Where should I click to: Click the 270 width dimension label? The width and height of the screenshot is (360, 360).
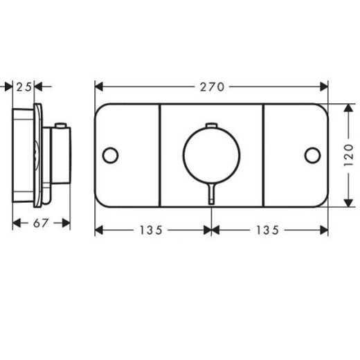coord(212,87)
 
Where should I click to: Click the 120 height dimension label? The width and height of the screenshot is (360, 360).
coord(348,155)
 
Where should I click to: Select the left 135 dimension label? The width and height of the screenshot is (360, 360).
coord(151,230)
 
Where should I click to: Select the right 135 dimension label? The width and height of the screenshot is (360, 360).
coord(268,230)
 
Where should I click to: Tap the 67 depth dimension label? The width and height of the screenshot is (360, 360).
coord(41,223)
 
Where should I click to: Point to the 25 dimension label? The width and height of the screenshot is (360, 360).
coord(24,87)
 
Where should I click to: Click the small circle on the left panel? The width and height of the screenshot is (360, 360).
coord(110,155)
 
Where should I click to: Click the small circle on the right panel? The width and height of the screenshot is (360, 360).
coord(313,155)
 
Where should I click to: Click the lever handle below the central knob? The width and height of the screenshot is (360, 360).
coord(211,193)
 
